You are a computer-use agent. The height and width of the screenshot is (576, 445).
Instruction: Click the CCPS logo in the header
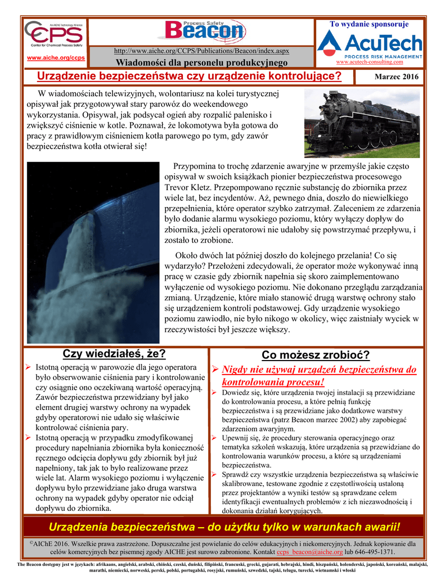55,36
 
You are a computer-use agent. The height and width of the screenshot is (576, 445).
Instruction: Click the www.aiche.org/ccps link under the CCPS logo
56,58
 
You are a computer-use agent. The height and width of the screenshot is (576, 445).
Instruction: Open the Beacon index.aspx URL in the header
201,51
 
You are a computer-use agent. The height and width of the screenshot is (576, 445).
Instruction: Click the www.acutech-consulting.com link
369,62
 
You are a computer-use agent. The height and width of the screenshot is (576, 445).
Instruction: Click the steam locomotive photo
362,123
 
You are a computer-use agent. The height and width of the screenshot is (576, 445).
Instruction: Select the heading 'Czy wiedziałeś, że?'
114,354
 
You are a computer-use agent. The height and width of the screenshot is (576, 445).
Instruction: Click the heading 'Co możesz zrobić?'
316,355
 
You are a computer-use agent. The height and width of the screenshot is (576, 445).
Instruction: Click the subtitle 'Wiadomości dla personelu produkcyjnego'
201,62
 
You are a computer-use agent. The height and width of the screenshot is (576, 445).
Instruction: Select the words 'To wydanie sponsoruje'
369,24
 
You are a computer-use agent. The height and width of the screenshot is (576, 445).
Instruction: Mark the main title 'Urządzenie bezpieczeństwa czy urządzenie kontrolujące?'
189,76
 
